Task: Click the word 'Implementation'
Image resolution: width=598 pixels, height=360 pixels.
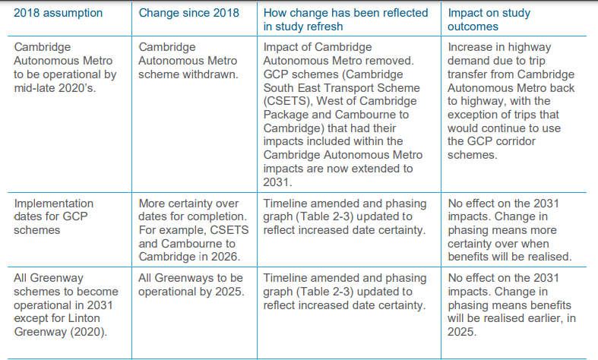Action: pyautogui.click(x=54, y=204)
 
